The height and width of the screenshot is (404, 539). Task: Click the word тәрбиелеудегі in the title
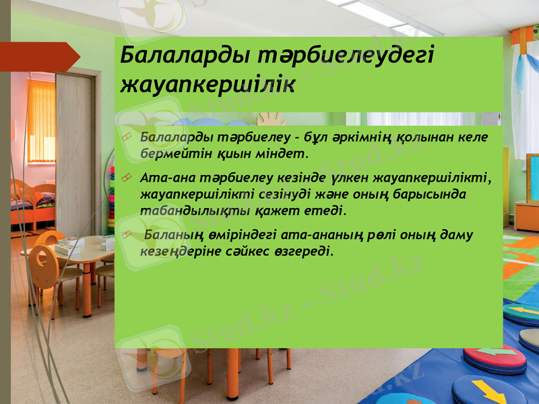click(336, 57)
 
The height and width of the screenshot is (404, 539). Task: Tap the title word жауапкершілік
click(206, 86)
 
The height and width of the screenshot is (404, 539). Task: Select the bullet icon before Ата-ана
click(127, 178)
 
